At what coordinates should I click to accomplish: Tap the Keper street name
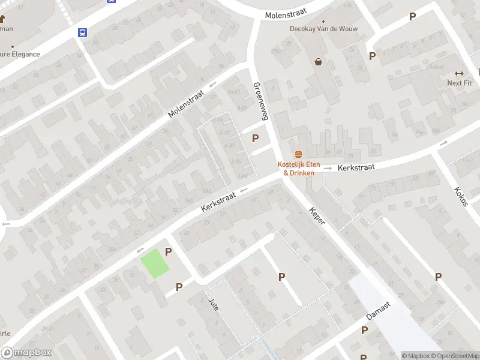317,216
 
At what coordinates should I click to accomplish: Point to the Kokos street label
461,196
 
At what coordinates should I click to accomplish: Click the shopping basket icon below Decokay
318,61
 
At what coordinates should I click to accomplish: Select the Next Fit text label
459,83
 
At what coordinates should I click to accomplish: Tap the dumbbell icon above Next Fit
460,73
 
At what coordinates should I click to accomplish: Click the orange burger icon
298,155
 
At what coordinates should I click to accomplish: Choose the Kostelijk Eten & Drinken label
298,169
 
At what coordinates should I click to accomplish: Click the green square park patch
155,263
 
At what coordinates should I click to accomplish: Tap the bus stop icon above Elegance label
82,33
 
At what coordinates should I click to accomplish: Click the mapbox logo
26,353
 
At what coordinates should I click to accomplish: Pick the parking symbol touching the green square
169,252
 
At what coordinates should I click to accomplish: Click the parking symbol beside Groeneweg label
256,138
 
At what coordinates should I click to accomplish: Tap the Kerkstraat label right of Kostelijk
356,167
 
